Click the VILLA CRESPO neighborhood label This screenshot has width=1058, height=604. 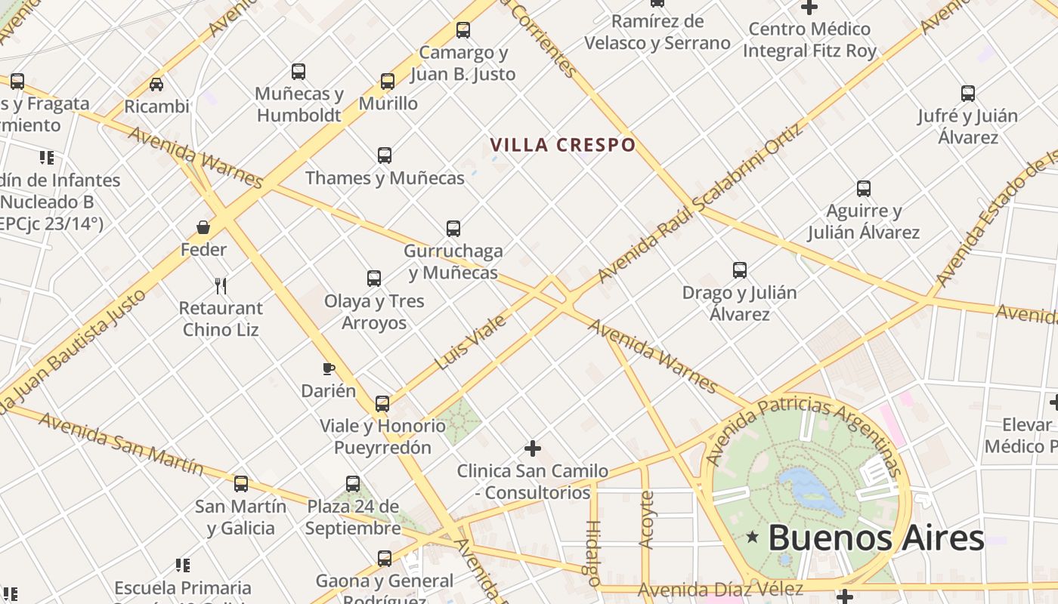point(562,144)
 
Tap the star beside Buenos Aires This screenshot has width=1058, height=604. point(752,538)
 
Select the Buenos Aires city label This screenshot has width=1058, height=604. point(876,538)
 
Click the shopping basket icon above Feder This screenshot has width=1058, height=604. point(203,226)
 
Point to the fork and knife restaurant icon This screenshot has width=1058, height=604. point(221,285)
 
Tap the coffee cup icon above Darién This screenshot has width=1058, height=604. point(328,368)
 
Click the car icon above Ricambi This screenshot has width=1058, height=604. point(156,84)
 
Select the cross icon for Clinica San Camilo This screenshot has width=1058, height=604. point(533,448)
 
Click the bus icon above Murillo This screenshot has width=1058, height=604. point(388,81)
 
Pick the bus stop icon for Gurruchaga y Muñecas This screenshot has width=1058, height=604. point(453,228)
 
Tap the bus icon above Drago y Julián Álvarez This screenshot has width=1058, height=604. point(740,270)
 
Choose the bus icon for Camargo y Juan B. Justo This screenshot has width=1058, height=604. point(463,30)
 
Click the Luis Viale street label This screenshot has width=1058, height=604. point(470,342)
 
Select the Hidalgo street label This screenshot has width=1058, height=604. point(593,553)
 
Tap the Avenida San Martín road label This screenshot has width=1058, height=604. point(121,443)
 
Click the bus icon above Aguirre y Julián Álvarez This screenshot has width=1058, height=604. point(864,189)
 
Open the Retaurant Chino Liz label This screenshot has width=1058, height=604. point(221,319)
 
